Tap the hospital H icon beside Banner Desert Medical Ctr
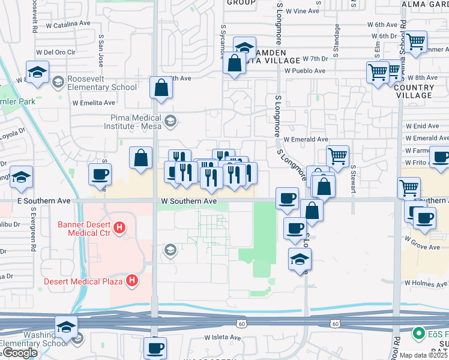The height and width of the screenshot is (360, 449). (x=120, y=228)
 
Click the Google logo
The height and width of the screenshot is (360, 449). (x=20, y=353)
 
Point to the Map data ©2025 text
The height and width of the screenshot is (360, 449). (x=423, y=355)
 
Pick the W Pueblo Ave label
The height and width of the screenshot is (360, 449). (x=305, y=71)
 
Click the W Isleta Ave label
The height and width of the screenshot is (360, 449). (x=222, y=337)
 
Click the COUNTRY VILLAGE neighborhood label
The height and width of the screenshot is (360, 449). (x=414, y=91)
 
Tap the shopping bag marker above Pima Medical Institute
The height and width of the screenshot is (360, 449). (x=161, y=88)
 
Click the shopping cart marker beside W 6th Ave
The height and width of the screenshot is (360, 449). (x=415, y=42)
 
